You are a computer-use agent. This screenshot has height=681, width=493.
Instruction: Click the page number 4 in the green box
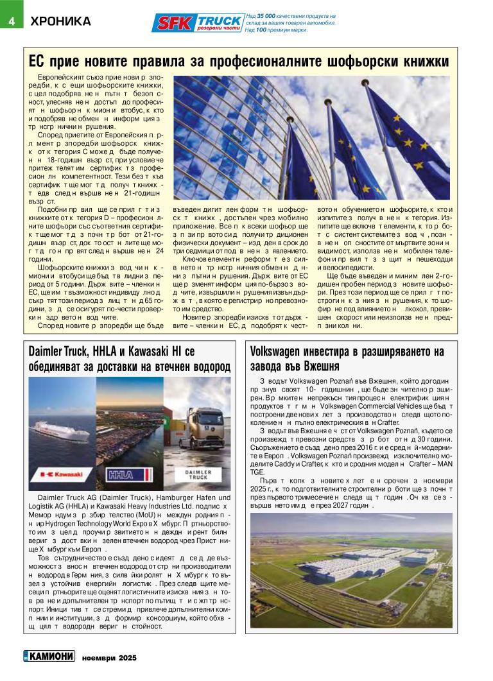(x=11, y=19)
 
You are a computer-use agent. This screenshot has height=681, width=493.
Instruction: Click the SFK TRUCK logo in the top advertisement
(x=198, y=23)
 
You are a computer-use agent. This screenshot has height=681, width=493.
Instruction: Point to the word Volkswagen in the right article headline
(x=277, y=352)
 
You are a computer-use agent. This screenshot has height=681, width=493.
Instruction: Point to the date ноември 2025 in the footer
(x=109, y=658)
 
